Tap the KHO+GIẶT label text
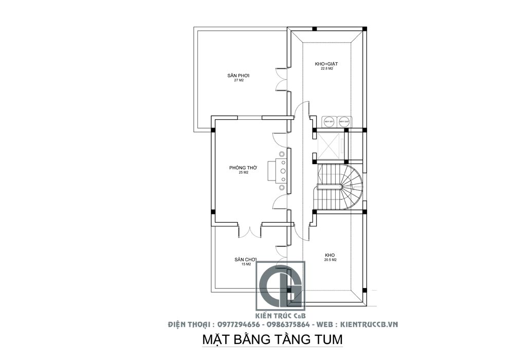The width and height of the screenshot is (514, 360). click(326, 64)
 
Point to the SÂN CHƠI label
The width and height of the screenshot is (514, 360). click(245, 259)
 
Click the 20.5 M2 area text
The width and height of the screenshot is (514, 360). click(330, 260)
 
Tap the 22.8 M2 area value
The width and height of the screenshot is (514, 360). click(326, 68)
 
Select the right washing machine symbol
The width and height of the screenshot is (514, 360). click(343, 121)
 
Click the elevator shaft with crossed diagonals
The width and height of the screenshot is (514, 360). click(331, 146)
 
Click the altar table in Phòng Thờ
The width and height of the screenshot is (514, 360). click(281, 171)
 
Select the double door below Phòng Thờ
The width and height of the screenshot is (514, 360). click(250, 231)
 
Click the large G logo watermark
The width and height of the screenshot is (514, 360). click(281, 286)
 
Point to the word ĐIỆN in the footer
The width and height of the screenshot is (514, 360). click(178, 325)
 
